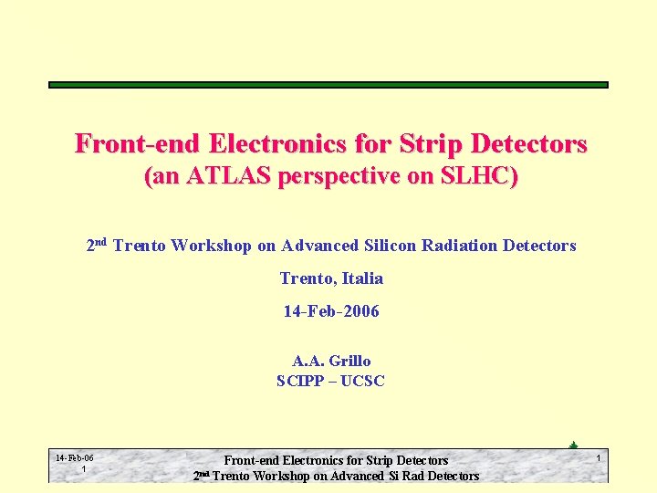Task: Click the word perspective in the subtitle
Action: tap(334, 177)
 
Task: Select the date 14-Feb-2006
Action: tap(331, 311)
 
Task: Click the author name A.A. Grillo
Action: tap(331, 361)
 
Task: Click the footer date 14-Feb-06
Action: tap(75, 458)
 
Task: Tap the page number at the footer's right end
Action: tap(599, 456)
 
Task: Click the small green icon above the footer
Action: tap(572, 446)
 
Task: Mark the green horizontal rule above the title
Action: tap(328, 85)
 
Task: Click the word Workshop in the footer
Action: tap(280, 476)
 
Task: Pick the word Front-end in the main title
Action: tap(138, 144)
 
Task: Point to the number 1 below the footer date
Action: tap(83, 469)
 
